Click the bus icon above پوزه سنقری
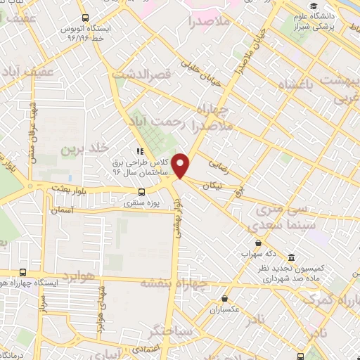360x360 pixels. tap(142, 192)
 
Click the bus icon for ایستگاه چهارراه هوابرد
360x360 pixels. tap(23, 272)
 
